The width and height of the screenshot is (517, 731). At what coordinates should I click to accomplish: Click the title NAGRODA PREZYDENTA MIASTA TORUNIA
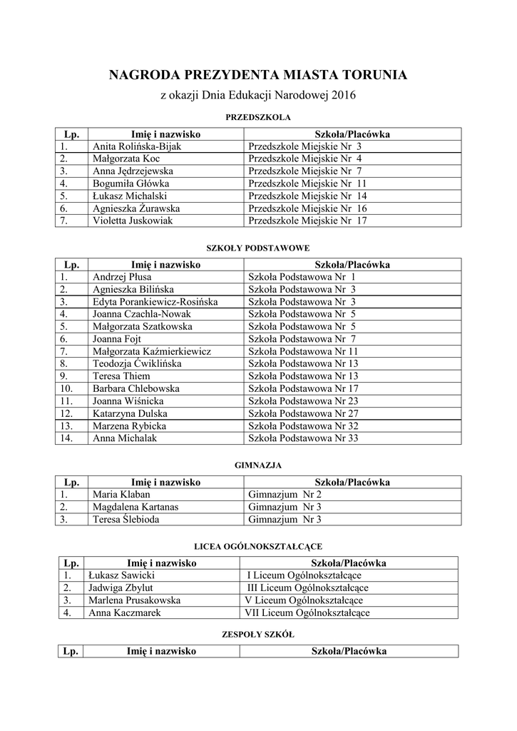(x=258, y=75)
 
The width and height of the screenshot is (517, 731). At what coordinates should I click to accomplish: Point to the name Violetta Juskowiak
(x=133, y=221)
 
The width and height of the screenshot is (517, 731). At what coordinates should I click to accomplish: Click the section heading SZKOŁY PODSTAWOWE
(x=257, y=248)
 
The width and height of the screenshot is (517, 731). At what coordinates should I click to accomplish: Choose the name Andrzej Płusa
(x=122, y=277)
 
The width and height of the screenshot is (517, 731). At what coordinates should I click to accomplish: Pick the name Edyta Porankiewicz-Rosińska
(x=155, y=302)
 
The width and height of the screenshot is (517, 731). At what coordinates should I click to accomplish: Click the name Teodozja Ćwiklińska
(x=137, y=363)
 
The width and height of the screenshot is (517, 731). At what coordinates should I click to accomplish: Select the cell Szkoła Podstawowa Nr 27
(x=303, y=413)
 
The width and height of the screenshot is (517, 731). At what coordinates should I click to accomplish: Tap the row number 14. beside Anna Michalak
(x=67, y=438)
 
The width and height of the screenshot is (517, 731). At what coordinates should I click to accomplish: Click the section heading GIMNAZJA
(x=258, y=465)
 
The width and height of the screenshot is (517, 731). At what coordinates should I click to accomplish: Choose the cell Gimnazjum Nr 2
(x=285, y=494)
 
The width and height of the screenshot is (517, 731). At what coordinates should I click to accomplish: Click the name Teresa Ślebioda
(x=126, y=519)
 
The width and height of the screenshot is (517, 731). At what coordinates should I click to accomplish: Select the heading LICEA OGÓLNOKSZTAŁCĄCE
(x=257, y=546)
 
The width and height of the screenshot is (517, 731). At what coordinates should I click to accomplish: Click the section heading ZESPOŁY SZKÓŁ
(x=257, y=634)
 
